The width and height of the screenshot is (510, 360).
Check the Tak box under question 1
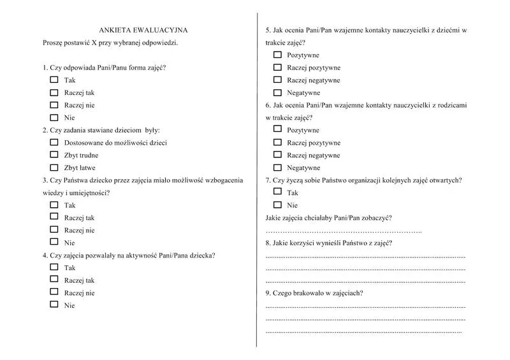(54, 80)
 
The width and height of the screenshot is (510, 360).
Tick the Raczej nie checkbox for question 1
(54, 105)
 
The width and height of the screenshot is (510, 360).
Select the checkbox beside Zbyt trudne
(54, 155)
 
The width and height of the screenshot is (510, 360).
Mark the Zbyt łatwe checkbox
(54, 168)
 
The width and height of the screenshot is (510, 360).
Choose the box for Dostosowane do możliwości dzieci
(54, 143)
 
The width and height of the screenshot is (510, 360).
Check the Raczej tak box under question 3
(54, 217)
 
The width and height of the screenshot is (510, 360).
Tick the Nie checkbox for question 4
(54, 305)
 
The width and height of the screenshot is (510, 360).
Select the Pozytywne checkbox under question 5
(277, 55)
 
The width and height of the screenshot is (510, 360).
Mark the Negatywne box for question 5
(277, 92)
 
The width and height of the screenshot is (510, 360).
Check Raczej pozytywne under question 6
(277, 143)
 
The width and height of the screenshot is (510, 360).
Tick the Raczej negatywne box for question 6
(277, 155)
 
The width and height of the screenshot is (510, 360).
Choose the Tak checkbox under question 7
(277, 192)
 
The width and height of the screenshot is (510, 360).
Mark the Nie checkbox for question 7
(277, 205)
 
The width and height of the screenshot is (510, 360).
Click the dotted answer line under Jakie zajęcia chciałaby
(344, 230)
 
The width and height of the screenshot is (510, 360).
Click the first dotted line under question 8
(365, 256)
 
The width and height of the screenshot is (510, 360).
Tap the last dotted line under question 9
(363, 331)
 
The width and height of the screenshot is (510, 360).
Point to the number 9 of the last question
(267, 293)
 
